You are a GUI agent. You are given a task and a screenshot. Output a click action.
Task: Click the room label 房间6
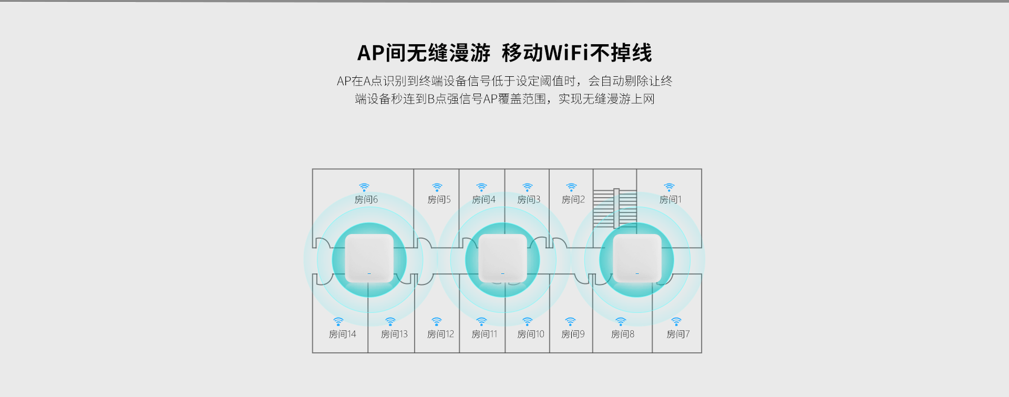pos(366,200)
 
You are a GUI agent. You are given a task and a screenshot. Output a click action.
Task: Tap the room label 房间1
pos(670,200)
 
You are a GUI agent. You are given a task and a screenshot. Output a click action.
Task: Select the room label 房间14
pos(342,334)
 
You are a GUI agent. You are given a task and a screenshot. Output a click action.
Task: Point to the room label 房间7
pos(678,334)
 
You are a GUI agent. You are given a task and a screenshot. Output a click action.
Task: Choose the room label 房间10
pos(530,334)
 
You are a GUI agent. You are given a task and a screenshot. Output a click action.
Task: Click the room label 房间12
pos(440,334)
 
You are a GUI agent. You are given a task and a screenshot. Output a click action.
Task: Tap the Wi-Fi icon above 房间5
pos(437,187)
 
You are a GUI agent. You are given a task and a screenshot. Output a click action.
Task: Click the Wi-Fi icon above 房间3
pos(528,187)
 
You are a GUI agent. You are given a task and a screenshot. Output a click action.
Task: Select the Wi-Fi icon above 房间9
pos(571,321)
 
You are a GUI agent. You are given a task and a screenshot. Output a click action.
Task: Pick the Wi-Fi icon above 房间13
pos(390,321)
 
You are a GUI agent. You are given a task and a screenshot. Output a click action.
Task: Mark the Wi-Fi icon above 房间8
pos(621,321)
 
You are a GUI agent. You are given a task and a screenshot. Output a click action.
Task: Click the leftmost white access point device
pos(369,258)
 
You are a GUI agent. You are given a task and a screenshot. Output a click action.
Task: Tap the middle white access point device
pos(502,258)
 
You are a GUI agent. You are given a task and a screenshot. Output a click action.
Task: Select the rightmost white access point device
pos(636,258)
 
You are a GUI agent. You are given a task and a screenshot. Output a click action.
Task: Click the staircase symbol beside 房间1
pos(615,208)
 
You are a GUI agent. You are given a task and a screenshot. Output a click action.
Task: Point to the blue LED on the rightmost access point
pos(637,273)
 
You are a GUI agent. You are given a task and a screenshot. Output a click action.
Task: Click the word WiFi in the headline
pos(567,53)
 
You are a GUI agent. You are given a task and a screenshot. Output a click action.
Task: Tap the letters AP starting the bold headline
pos(371,53)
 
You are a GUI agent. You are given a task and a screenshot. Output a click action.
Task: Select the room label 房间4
pos(483,200)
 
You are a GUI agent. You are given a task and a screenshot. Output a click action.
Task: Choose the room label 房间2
pos(573,200)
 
